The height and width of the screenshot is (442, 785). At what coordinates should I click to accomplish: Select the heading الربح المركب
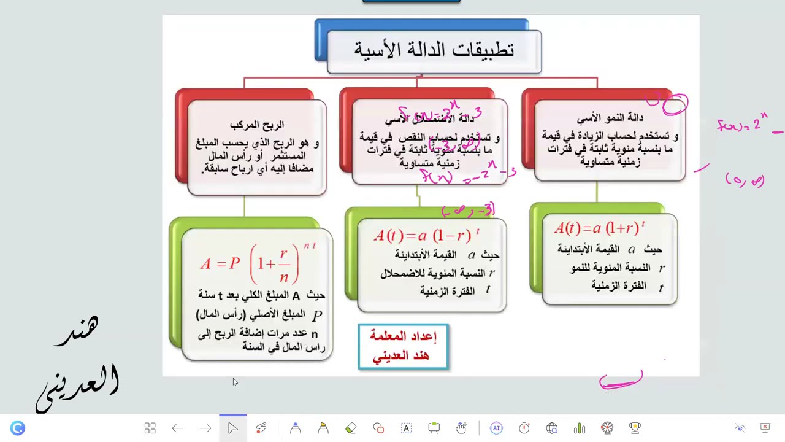tap(257, 125)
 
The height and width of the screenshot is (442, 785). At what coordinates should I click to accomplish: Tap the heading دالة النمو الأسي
tap(610, 118)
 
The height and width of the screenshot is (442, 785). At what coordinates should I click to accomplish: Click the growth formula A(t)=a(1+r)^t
tap(599, 228)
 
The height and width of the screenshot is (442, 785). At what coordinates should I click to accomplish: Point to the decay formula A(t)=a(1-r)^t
tap(426, 235)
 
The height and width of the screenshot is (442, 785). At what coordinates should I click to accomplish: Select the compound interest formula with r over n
tap(258, 263)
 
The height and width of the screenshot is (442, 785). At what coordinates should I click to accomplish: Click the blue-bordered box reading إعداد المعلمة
tap(403, 346)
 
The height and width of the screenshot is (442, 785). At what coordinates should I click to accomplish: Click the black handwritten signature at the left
tap(80, 362)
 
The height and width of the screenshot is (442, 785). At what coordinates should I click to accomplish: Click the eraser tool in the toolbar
tap(351, 428)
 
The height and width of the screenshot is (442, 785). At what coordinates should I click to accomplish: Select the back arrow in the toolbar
tap(178, 428)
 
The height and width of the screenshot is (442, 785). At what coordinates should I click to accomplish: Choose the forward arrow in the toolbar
tap(205, 428)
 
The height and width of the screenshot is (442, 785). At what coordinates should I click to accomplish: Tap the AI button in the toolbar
tap(496, 428)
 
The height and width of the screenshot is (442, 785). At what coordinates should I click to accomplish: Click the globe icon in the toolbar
tap(552, 428)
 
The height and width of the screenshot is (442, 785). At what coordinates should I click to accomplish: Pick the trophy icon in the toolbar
tap(635, 428)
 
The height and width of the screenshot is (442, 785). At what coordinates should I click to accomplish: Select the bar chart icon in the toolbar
tap(580, 428)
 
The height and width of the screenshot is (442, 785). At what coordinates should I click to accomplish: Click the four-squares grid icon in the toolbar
tap(150, 428)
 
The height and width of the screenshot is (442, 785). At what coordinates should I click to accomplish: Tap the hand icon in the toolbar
tap(461, 428)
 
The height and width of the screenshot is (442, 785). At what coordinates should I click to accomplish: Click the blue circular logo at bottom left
tap(18, 428)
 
